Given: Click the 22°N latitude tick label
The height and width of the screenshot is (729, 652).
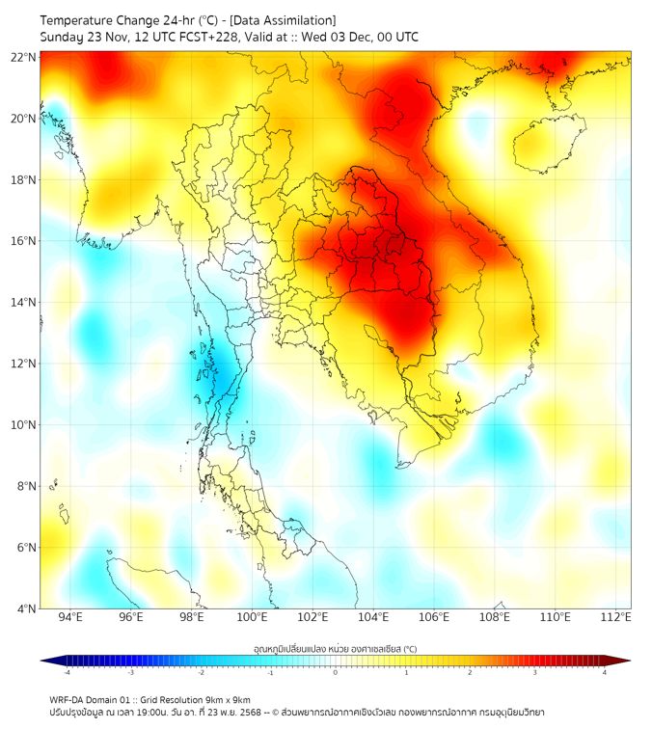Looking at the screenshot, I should (x=24, y=58).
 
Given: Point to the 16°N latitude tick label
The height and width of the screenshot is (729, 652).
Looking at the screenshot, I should (x=24, y=241).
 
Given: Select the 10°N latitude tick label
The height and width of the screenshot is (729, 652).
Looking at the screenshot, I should (x=24, y=425).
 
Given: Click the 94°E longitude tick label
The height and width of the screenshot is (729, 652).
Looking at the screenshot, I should (x=70, y=617).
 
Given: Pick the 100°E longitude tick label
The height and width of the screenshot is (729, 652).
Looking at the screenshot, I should (x=253, y=617).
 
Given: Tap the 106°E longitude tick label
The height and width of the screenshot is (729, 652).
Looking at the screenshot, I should (x=435, y=617).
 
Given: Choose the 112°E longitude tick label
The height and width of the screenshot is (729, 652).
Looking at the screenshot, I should (x=616, y=617).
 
